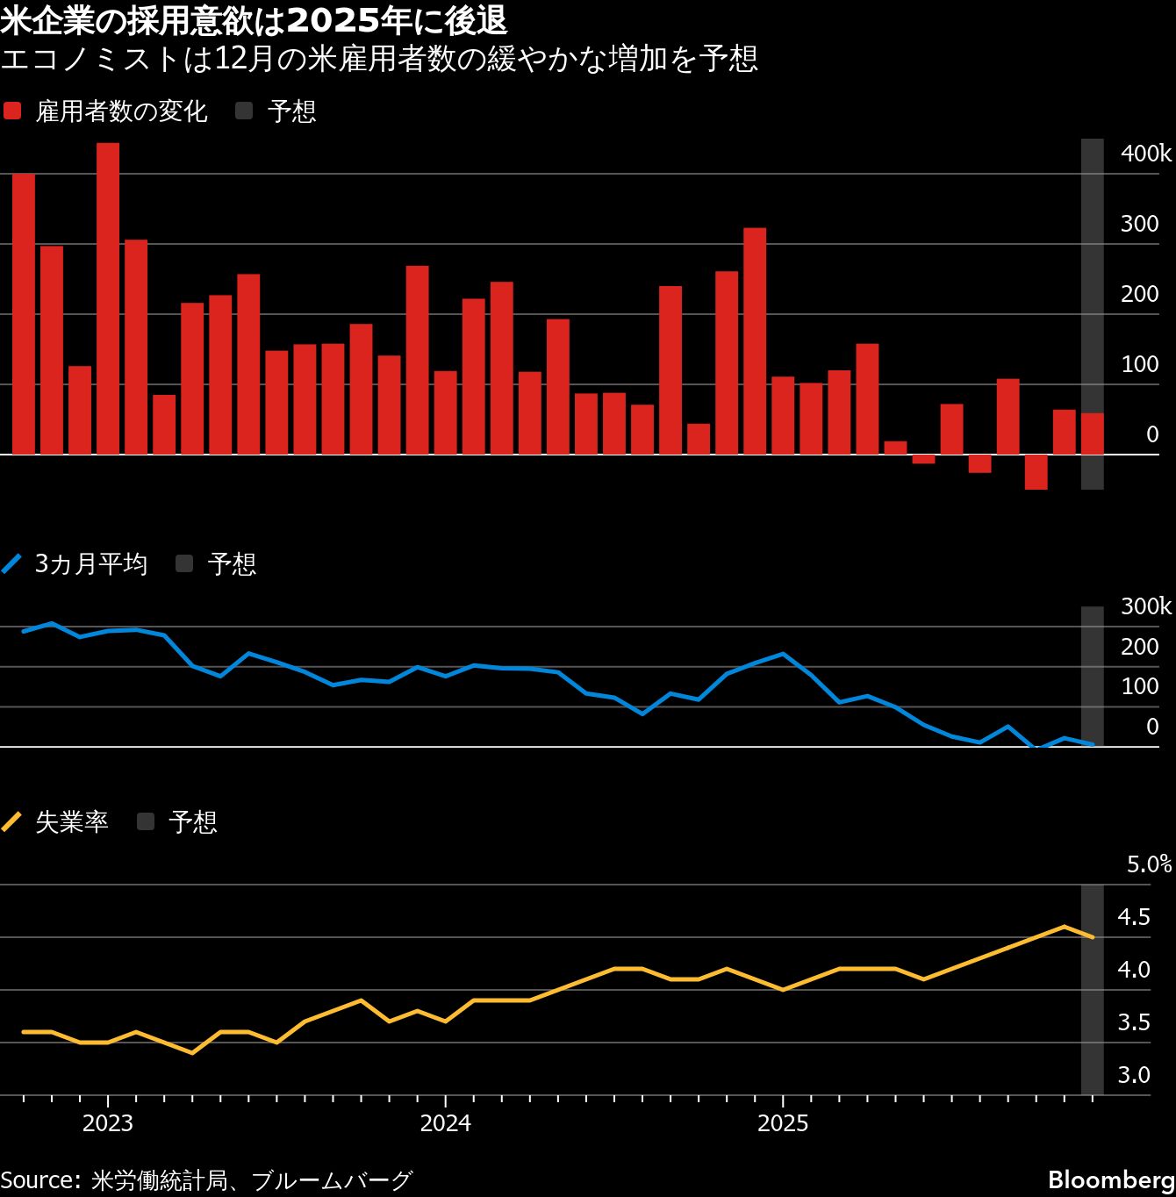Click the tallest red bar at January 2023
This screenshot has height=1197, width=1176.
coord(108,298)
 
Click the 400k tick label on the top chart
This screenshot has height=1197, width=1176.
coord(1145,154)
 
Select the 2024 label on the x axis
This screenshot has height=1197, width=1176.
coord(445,1123)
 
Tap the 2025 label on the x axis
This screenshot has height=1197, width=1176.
coord(782,1123)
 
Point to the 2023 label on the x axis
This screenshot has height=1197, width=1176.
coord(108,1123)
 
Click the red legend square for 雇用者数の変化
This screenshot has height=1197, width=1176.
coord(12,111)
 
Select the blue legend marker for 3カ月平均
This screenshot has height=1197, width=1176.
coord(12,563)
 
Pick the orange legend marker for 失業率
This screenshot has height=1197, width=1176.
coord(12,822)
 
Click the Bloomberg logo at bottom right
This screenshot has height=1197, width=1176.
coord(1111,1179)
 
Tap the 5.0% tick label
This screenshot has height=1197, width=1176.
coord(1149,864)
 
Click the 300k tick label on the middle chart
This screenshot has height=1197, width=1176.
coord(1145,606)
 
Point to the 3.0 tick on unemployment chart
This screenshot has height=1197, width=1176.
coord(1133,1075)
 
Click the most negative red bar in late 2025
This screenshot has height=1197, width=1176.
coord(1036,472)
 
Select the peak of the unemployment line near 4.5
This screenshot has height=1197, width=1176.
coord(1064,927)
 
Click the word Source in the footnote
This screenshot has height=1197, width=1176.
coord(39,1179)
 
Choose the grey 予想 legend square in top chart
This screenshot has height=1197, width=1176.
coord(244,111)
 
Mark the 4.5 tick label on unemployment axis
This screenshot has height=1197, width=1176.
coord(1133,917)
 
